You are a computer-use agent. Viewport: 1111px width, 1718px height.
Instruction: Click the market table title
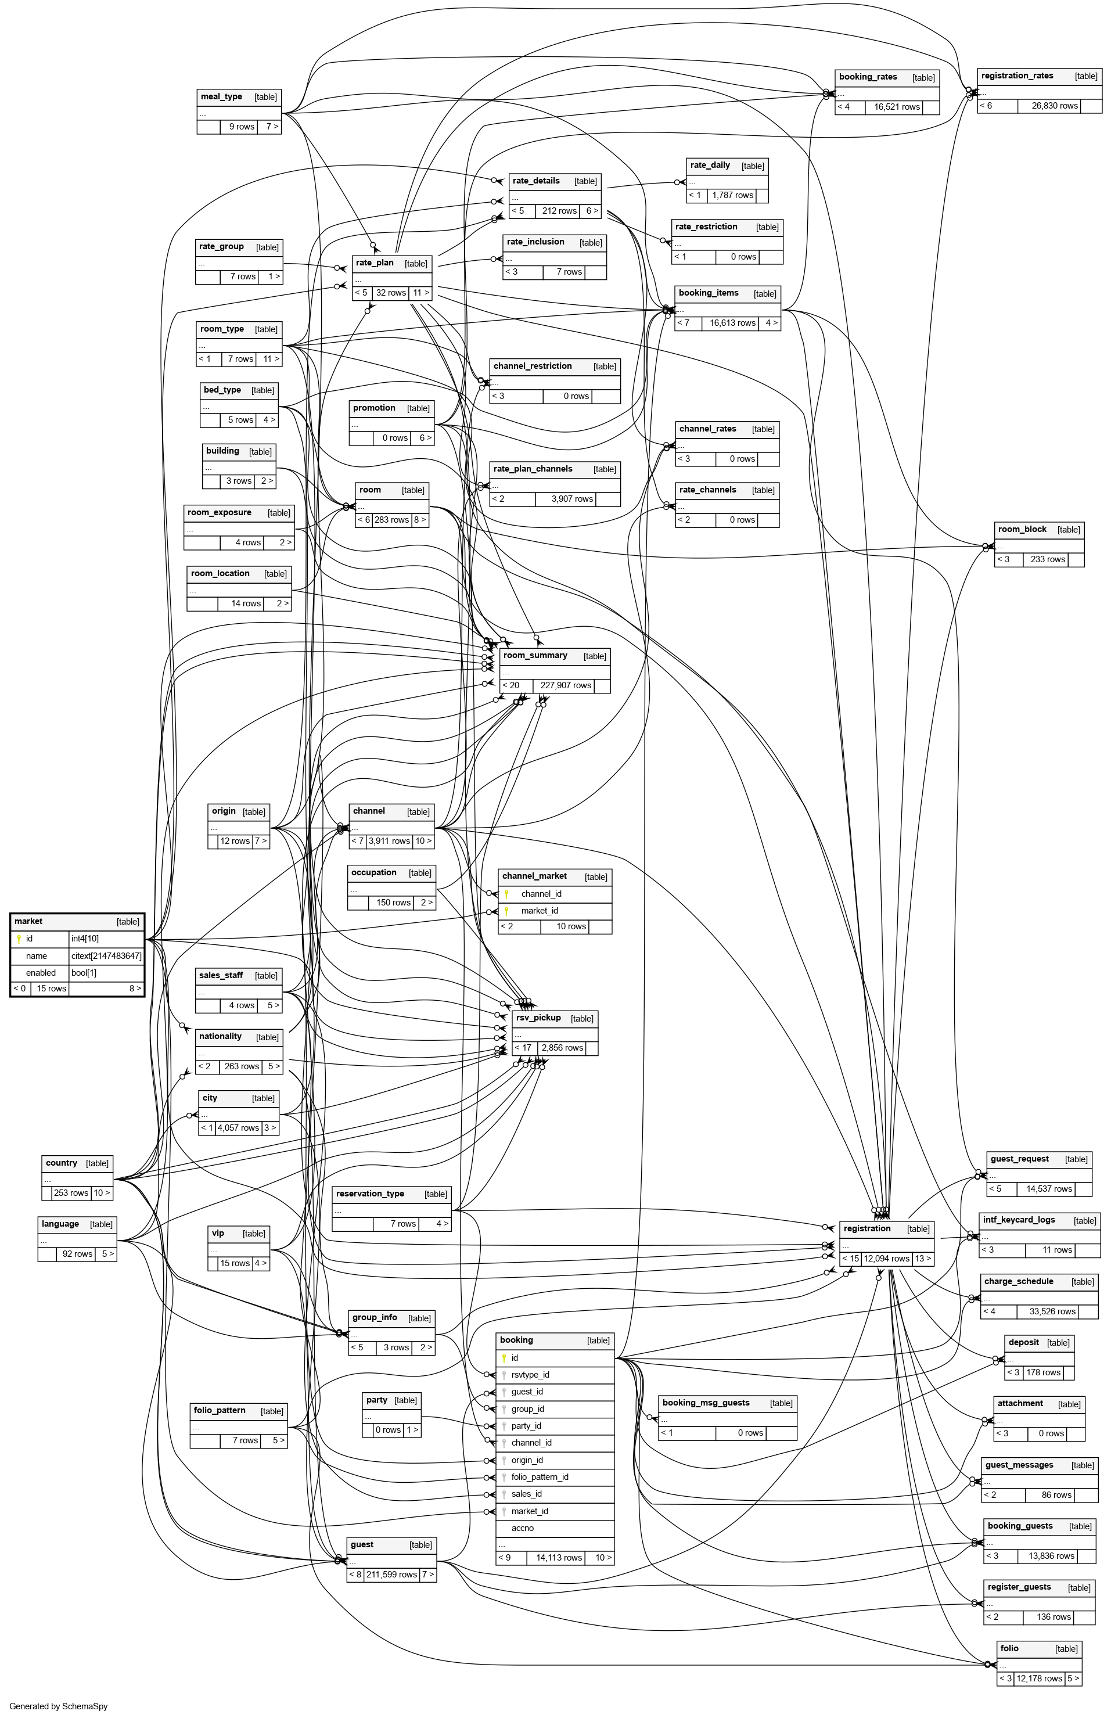pyautogui.click(x=28, y=921)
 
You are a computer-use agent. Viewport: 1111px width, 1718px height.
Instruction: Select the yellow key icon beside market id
pyautogui.click(x=19, y=939)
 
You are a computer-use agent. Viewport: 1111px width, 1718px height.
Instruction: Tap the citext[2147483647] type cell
pyautogui.click(x=106, y=955)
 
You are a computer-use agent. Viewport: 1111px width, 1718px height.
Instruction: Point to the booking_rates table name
pyautogui.click(x=868, y=77)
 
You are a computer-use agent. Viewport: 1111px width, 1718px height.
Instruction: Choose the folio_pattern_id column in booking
pyautogui.click(x=540, y=1476)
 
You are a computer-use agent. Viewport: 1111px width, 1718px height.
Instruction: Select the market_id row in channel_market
pyautogui.click(x=540, y=910)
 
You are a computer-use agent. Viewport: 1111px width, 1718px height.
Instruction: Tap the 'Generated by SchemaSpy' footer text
pyautogui.click(x=59, y=1706)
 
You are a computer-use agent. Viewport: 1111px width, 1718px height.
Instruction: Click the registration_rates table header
pyautogui.click(x=1017, y=76)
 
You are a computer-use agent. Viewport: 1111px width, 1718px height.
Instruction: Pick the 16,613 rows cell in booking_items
pyautogui.click(x=732, y=323)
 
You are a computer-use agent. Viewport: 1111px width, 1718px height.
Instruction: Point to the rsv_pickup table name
pyautogui.click(x=538, y=1018)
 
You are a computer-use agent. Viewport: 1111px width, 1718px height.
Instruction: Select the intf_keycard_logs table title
pyautogui.click(x=1019, y=1220)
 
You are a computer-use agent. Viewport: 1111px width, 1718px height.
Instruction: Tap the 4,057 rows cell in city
pyautogui.click(x=239, y=1128)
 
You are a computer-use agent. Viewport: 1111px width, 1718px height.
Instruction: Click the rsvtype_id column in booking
pyautogui.click(x=530, y=1375)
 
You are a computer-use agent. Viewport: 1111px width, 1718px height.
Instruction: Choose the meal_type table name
pyautogui.click(x=221, y=96)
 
